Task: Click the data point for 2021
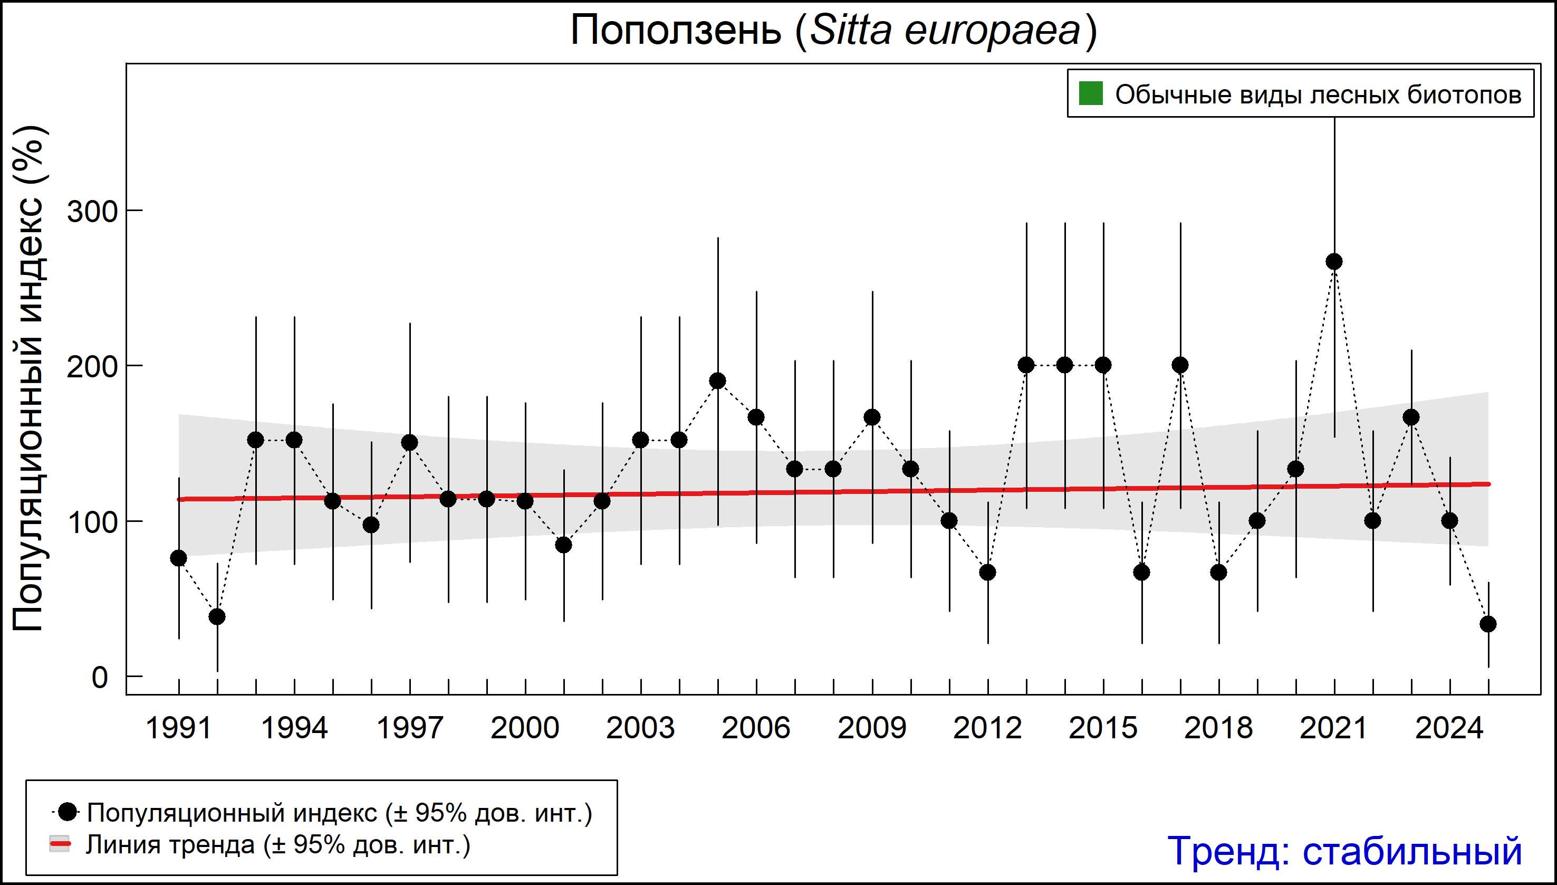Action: point(1334,262)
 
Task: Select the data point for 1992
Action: point(217,617)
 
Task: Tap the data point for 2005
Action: point(718,381)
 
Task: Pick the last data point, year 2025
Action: point(1488,624)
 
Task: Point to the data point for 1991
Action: point(179,558)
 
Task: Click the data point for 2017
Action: point(1180,365)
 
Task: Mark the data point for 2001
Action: point(564,545)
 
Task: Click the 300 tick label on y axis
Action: point(91,213)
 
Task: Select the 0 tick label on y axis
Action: point(100,678)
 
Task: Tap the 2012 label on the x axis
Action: point(988,728)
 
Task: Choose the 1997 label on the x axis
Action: point(410,728)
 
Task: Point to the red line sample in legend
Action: point(60,844)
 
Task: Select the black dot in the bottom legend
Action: point(69,812)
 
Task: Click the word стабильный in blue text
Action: point(1412,851)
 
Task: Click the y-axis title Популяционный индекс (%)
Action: point(29,380)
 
